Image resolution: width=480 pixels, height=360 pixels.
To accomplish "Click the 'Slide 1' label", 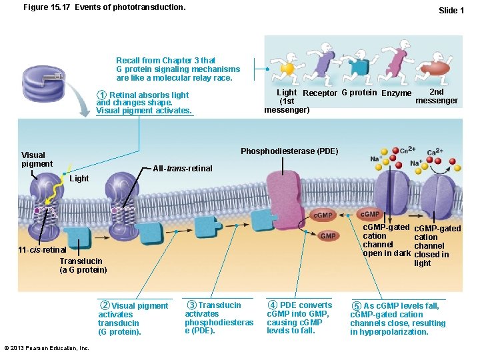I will (451, 10).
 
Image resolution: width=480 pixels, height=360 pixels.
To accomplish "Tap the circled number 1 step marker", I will (101, 95).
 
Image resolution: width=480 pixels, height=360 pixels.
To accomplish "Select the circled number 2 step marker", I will (105, 306).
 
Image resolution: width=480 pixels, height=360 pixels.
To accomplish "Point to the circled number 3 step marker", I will (192, 305).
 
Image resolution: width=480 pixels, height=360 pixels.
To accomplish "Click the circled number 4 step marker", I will (272, 305).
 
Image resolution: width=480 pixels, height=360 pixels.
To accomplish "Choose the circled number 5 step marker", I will (357, 306).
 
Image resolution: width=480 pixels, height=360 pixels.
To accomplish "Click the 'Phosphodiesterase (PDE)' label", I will (289, 151).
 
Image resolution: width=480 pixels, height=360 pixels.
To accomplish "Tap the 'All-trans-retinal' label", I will (183, 168).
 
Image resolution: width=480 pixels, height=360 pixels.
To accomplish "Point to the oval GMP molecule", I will (329, 236).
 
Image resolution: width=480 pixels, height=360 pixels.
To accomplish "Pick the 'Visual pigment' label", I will (37, 159).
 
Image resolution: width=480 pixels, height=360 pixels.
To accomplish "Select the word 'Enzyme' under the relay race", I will (396, 93).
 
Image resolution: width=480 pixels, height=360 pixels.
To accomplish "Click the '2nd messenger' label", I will (437, 96).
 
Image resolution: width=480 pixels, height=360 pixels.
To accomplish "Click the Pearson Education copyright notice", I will (47, 348).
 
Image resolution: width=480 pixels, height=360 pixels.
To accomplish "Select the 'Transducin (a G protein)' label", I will (83, 265).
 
